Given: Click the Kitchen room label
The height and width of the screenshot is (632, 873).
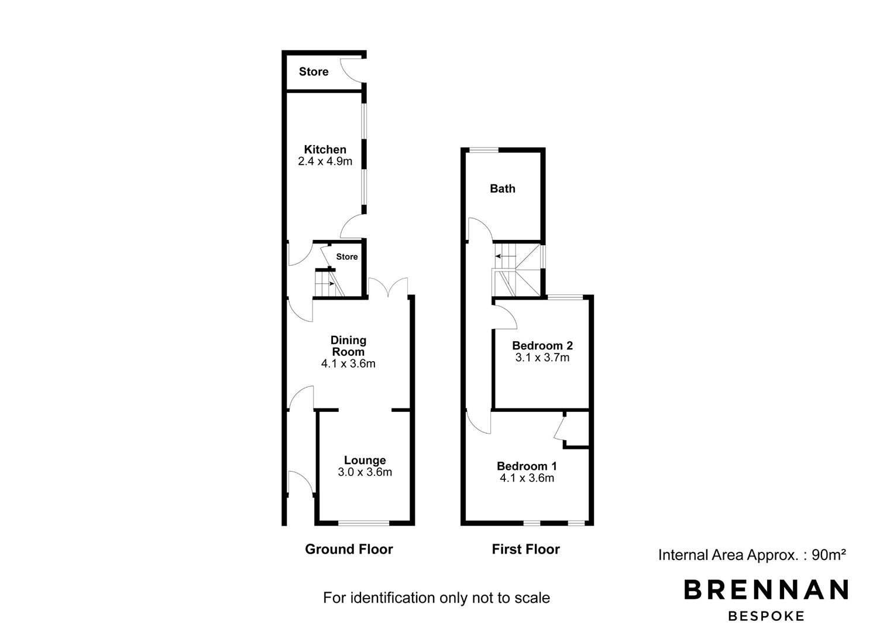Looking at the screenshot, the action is pos(325,149).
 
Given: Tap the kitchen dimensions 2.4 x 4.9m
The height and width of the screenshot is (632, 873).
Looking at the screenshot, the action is pos(325,162).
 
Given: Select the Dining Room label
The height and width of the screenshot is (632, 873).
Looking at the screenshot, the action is pos(348,346).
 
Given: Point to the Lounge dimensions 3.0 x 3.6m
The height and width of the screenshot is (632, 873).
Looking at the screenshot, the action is pos(365,472).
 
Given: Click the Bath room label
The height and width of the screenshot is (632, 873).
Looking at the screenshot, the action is pos(503,188).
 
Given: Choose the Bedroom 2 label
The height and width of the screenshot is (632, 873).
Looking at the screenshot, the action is pos(542,345).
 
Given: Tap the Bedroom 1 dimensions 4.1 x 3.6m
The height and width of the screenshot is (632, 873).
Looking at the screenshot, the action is pos(527,478).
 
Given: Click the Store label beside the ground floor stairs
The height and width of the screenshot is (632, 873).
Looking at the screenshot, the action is pos(347,256).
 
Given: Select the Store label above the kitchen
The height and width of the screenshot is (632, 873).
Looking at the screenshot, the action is pos(314,72).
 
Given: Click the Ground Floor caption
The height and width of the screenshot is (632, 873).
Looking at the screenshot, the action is pos(349,549).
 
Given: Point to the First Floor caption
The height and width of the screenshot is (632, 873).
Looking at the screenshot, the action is pos(526,549).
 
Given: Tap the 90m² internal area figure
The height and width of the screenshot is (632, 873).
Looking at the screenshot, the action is pos(829,555).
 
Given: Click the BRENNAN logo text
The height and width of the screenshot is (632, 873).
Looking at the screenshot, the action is pos(766,589).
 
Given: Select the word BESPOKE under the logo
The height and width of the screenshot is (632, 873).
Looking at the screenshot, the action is pos(766,616).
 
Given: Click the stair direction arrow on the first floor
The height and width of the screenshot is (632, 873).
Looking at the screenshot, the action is pos(506,256).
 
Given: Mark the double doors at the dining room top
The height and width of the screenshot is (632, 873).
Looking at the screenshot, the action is pos(388,287).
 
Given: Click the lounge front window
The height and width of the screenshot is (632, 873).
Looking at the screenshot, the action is pos(363,523).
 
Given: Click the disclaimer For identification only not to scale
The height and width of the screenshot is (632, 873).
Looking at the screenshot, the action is pos(436,597).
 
